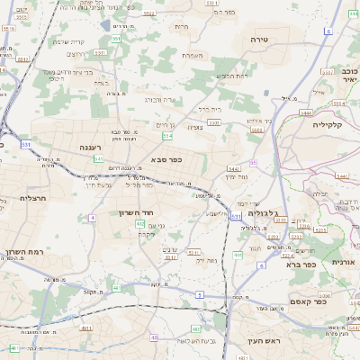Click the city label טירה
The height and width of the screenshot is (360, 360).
(x=260, y=40)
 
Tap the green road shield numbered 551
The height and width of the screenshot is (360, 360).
(x=116, y=39)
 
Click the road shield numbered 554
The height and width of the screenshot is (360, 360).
(x=167, y=136)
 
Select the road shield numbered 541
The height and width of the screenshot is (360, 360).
(x=98, y=159)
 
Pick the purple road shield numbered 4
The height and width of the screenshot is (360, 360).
(x=93, y=218)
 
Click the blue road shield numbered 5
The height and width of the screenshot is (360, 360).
(x=200, y=296)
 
